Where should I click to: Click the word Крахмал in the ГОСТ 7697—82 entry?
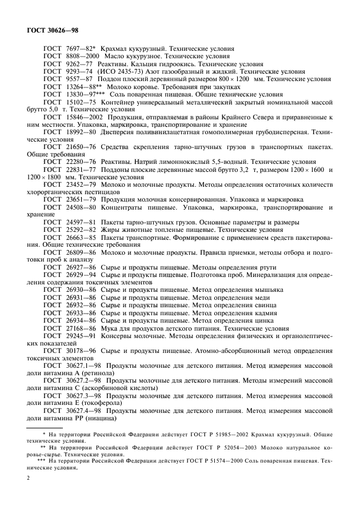114,50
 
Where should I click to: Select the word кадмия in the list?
266,312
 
